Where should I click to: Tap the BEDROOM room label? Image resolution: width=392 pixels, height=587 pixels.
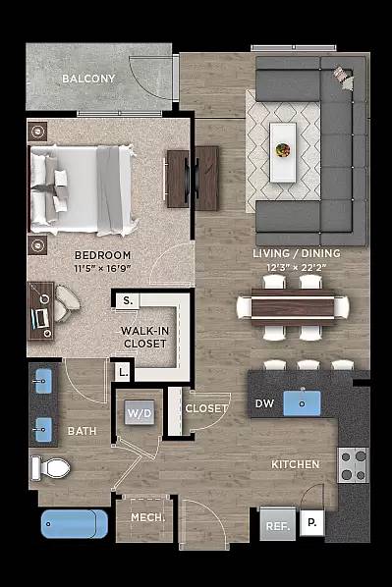[x=101, y=254]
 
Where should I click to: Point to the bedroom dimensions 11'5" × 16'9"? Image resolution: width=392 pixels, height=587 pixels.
[x=102, y=267]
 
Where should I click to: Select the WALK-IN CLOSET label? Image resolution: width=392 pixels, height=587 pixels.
[x=144, y=337]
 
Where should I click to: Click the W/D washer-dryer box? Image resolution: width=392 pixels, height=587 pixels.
[x=137, y=413]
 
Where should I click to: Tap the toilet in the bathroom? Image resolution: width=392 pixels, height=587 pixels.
[x=52, y=467]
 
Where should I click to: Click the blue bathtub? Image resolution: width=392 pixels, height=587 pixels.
[x=74, y=522]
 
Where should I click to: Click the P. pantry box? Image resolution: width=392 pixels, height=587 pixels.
[x=310, y=524]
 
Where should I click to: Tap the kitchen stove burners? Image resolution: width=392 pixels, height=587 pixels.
[x=353, y=464]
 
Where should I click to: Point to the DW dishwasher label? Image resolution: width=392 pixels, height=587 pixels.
[x=263, y=403]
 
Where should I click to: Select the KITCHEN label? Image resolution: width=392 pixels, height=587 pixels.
[x=295, y=463]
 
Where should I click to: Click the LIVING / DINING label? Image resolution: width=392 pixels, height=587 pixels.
[x=297, y=253]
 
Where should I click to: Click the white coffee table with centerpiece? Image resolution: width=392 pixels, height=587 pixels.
[x=283, y=151]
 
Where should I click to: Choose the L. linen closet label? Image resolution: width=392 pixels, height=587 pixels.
[x=123, y=372]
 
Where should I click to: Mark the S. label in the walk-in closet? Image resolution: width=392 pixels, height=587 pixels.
[x=128, y=300]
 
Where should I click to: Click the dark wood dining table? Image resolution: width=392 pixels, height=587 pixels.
[x=293, y=305]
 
